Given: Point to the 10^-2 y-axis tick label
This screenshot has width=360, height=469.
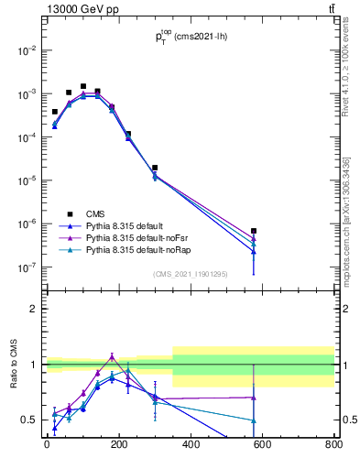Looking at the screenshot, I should pyautogui.click(x=28, y=50).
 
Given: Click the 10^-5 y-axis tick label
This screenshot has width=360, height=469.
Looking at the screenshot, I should pyautogui.click(x=28, y=180).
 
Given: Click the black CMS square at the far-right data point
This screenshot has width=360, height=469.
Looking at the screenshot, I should pyautogui.click(x=253, y=231).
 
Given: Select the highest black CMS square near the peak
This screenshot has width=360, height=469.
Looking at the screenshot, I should pyautogui.click(x=83, y=86).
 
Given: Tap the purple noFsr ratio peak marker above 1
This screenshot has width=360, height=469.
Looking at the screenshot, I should pyautogui.click(x=112, y=356).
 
